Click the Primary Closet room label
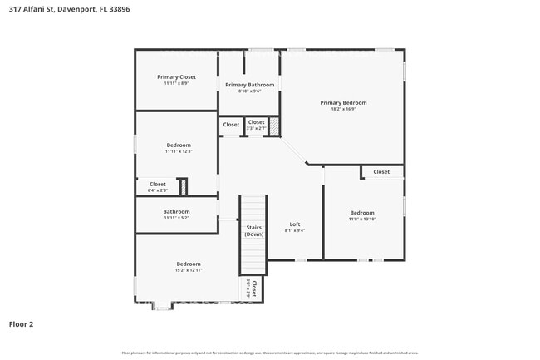pos(176,76)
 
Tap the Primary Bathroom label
pos(247,85)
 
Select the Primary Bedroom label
pos(343,102)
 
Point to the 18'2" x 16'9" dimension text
pos(343,109)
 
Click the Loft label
pos(295,224)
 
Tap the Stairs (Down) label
pos(253,230)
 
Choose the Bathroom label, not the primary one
pos(176,211)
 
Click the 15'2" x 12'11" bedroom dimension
pos(189,270)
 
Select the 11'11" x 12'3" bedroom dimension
pos(178,151)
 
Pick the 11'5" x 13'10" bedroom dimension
pos(362,219)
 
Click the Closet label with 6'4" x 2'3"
pos(157,184)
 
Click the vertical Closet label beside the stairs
pos(253,289)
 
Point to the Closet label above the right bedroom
pos(381,172)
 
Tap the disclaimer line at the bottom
pos(269,353)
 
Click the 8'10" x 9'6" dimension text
pos(247,91)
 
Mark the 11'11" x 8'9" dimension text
pos(176,83)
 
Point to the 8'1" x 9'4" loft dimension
pos(295,230)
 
